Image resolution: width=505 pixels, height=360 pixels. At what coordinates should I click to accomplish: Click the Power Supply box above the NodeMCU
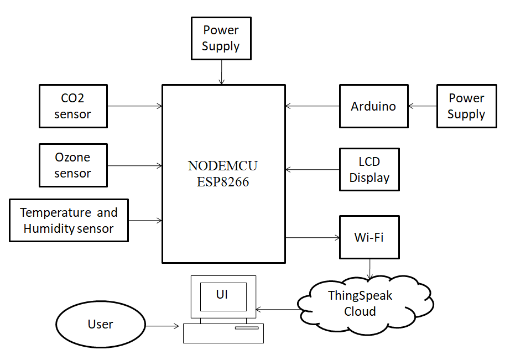[x=221, y=38]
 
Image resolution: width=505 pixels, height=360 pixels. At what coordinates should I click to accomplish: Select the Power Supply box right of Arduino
[x=466, y=106]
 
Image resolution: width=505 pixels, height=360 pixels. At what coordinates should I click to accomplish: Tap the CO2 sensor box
[x=73, y=106]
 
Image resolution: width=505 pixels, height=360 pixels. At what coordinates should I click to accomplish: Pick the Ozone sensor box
[x=73, y=165]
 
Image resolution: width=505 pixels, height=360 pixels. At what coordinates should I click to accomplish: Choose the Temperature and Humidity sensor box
[x=69, y=220]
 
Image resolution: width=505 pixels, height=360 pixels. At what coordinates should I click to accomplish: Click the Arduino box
[x=374, y=106]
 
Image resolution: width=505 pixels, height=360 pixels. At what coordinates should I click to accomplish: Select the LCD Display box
[x=369, y=170]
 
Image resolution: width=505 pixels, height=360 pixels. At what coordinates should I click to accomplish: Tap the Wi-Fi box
[x=369, y=237]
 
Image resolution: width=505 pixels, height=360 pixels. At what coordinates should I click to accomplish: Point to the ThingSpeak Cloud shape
[x=360, y=303]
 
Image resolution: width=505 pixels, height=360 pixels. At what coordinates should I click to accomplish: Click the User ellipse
[x=101, y=324]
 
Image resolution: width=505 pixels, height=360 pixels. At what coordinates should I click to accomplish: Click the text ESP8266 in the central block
[x=223, y=182]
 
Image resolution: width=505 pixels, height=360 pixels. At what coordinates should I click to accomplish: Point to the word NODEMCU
[x=223, y=166]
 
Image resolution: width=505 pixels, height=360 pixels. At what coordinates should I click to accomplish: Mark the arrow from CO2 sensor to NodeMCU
[x=134, y=106]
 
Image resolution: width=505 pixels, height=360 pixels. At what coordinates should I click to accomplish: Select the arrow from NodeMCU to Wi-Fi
[x=313, y=238]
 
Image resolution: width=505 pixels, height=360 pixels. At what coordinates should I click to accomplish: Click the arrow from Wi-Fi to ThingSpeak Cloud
[x=369, y=269]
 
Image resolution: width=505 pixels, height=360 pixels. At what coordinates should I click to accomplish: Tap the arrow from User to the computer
[x=163, y=326]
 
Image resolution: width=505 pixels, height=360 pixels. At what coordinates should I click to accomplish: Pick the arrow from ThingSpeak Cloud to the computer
[x=277, y=309]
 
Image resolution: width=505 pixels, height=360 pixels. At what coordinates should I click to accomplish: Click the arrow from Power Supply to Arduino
[x=423, y=106]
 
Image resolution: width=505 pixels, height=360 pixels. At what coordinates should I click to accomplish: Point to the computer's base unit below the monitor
[x=223, y=333]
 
